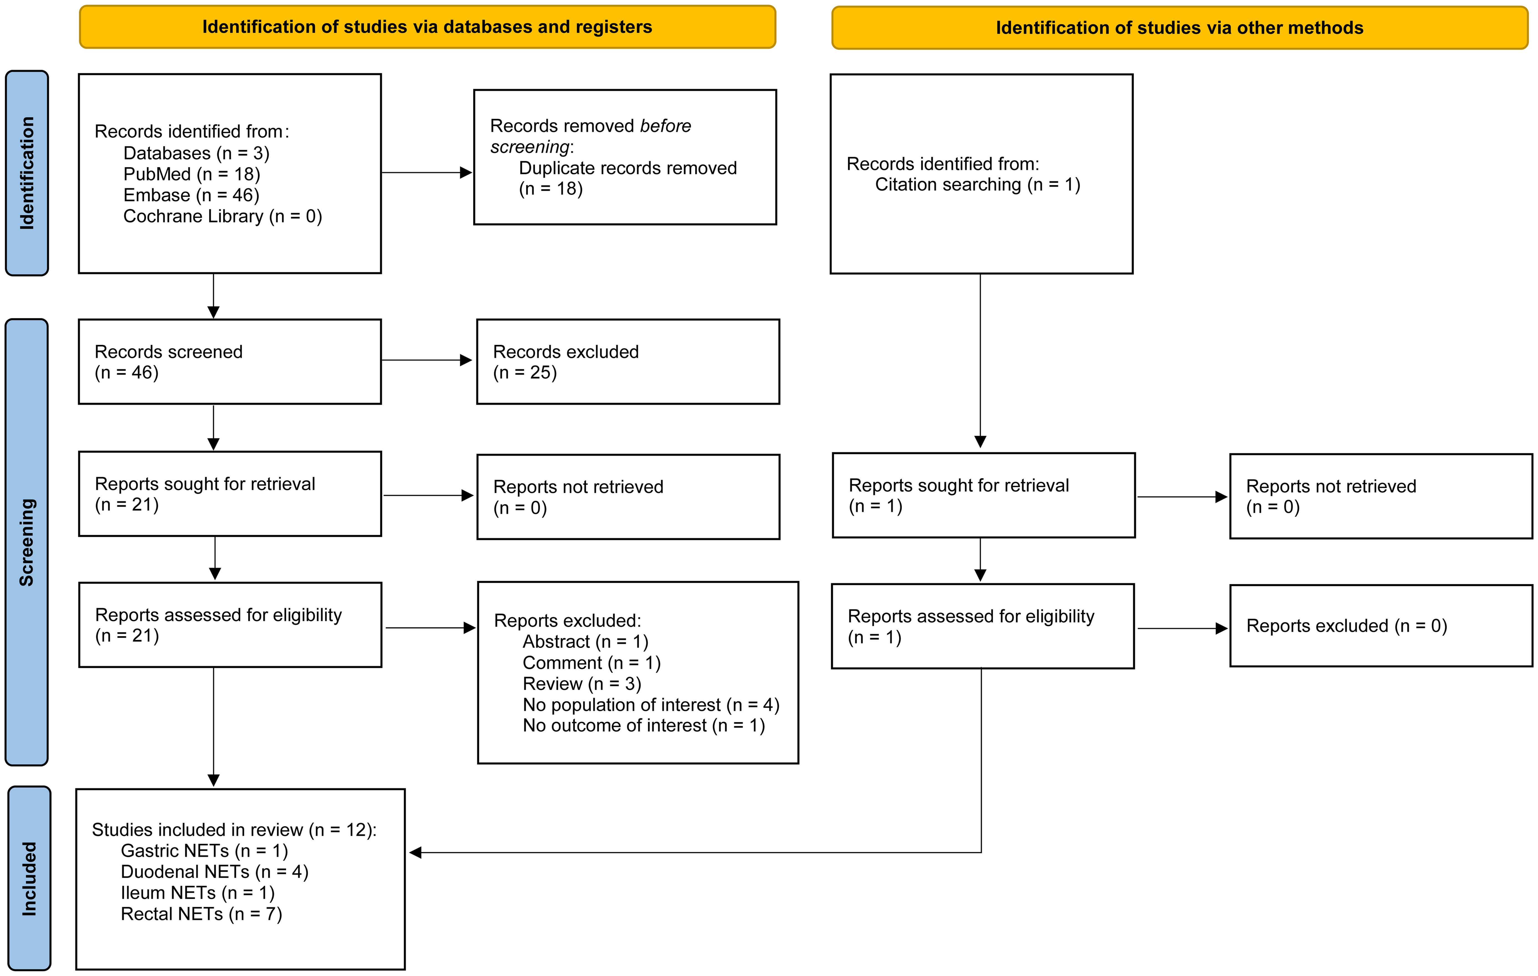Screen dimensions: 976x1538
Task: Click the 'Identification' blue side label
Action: point(27,173)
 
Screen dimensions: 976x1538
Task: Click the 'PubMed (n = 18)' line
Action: point(192,174)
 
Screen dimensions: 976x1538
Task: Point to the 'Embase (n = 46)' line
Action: point(191,195)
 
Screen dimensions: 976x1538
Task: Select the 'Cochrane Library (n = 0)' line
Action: point(222,216)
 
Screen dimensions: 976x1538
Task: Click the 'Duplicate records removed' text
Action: point(627,168)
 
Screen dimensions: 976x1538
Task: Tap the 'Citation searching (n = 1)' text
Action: point(977,185)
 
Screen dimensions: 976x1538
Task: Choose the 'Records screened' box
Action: point(230,362)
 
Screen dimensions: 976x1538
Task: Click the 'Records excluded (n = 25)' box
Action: point(628,362)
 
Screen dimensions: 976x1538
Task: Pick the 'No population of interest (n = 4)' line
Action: point(651,705)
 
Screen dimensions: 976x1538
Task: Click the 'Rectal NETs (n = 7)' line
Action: point(201,913)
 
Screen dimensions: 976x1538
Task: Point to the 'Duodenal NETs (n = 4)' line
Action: point(214,871)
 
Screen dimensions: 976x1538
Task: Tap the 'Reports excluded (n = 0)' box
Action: point(1381,625)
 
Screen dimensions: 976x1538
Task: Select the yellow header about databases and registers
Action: point(427,27)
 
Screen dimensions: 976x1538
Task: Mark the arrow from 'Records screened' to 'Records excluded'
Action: point(427,360)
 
